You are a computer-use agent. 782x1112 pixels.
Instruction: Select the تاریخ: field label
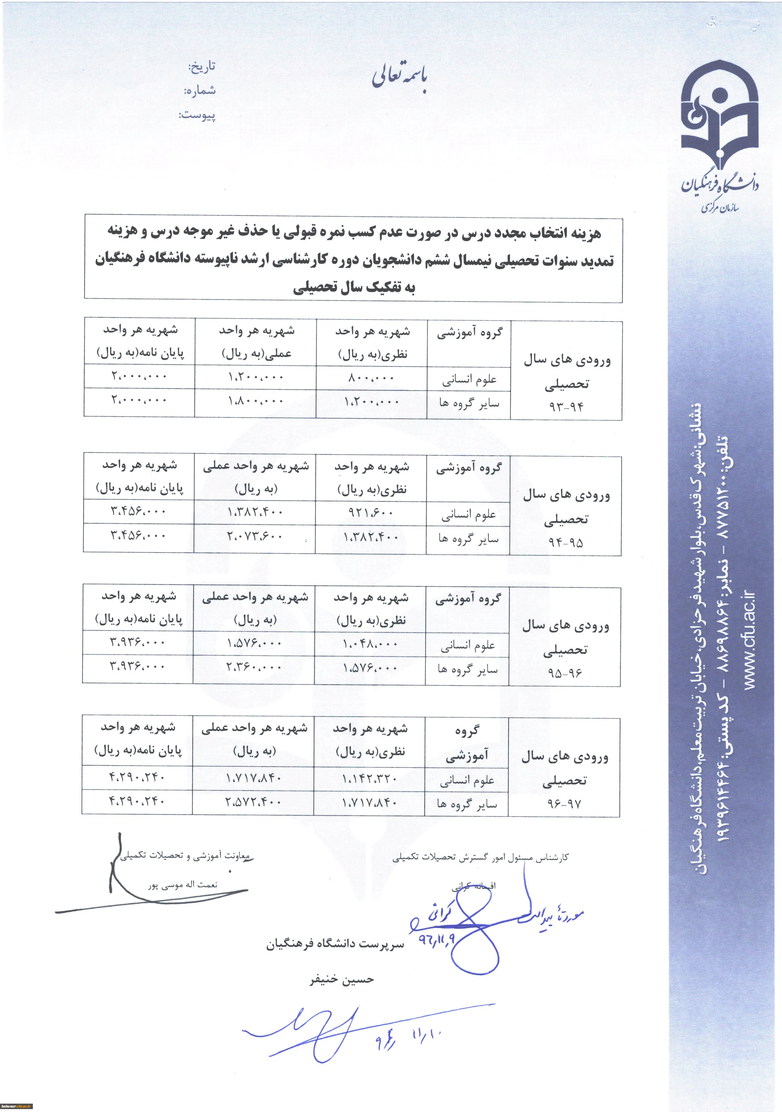tap(201, 67)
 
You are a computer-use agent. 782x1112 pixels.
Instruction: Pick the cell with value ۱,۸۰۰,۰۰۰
tap(256, 401)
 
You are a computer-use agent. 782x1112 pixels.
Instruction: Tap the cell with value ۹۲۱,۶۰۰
tap(371, 513)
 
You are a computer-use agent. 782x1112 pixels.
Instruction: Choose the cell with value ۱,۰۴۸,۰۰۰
tap(370, 644)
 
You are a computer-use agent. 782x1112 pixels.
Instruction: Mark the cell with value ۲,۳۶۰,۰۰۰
tap(254, 667)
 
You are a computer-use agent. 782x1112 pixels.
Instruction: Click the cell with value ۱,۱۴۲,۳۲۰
tap(369, 779)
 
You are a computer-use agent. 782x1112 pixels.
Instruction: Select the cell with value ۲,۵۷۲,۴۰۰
tap(253, 802)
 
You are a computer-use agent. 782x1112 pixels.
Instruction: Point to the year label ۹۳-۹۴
tap(566, 406)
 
